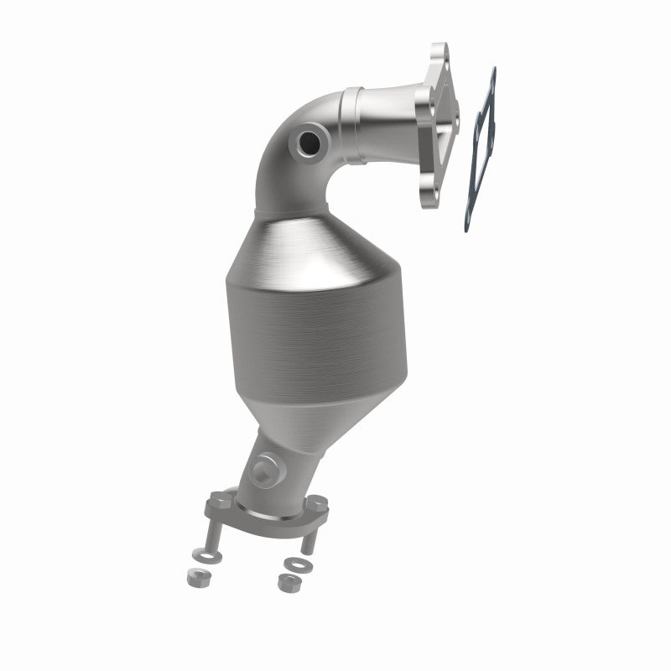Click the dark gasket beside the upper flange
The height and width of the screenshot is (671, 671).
[x=479, y=151]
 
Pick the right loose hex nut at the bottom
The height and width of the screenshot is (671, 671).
[x=283, y=579]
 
